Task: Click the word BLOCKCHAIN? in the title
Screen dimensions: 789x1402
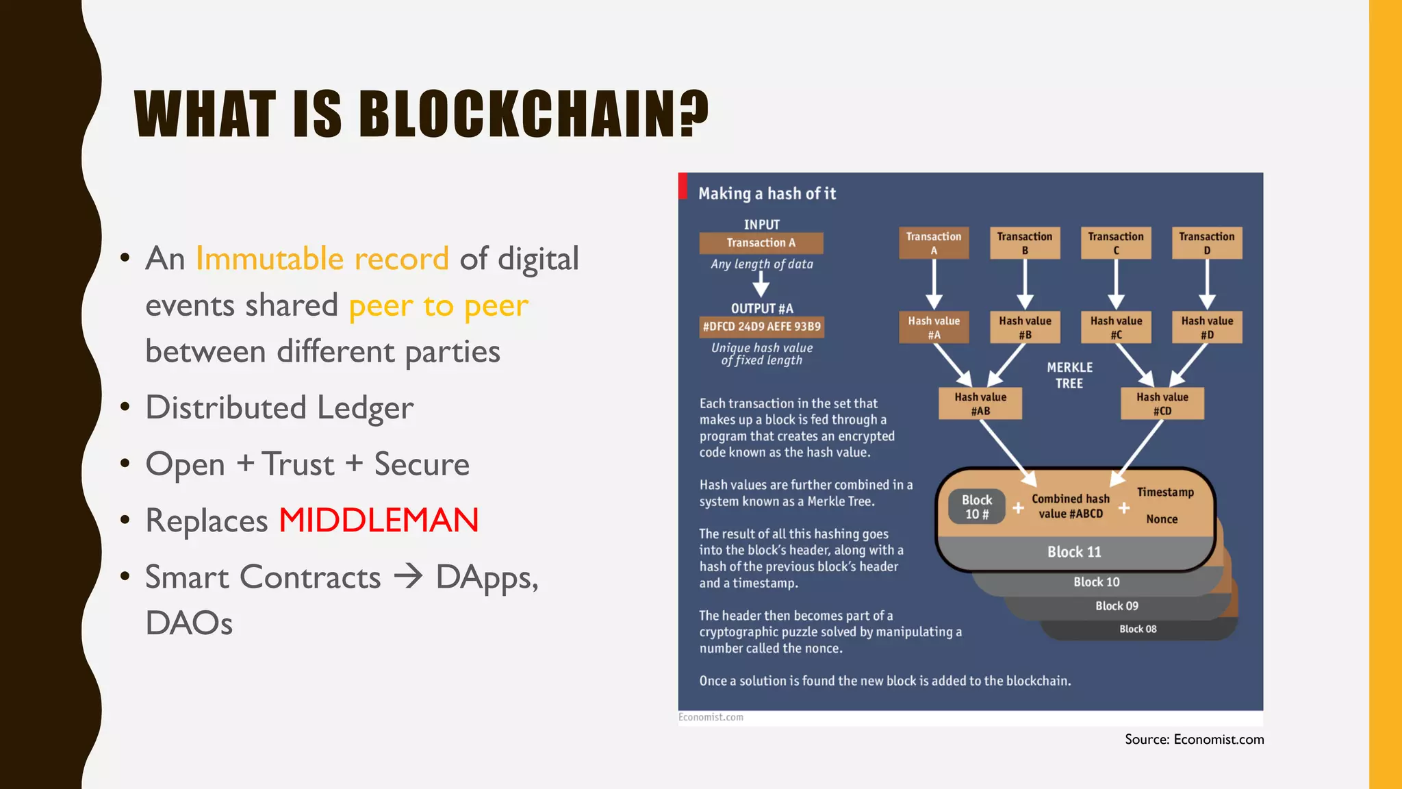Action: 533,114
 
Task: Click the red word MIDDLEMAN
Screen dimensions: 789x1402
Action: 379,521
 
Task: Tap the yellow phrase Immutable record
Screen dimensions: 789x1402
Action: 322,259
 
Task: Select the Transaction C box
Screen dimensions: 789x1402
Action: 1116,243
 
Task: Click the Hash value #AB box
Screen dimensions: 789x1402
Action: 980,403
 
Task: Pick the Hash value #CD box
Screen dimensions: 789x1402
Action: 1162,403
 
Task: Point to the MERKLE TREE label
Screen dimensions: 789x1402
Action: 1069,375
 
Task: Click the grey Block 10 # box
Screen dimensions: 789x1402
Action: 977,507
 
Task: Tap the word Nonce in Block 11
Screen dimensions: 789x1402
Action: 1162,519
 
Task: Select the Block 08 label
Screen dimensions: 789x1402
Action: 1138,629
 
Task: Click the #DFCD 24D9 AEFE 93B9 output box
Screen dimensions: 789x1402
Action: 761,327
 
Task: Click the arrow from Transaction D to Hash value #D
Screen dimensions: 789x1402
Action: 1207,284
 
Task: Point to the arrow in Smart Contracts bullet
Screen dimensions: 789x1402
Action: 409,577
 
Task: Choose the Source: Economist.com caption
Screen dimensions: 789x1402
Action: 1194,739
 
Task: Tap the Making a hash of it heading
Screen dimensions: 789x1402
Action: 767,194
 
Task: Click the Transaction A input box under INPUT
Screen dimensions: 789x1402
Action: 761,243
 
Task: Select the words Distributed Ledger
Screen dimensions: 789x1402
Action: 279,408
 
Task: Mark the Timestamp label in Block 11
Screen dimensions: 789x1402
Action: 1165,492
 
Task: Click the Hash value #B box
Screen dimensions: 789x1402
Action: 1025,327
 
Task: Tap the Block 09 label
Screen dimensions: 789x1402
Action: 1117,605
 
